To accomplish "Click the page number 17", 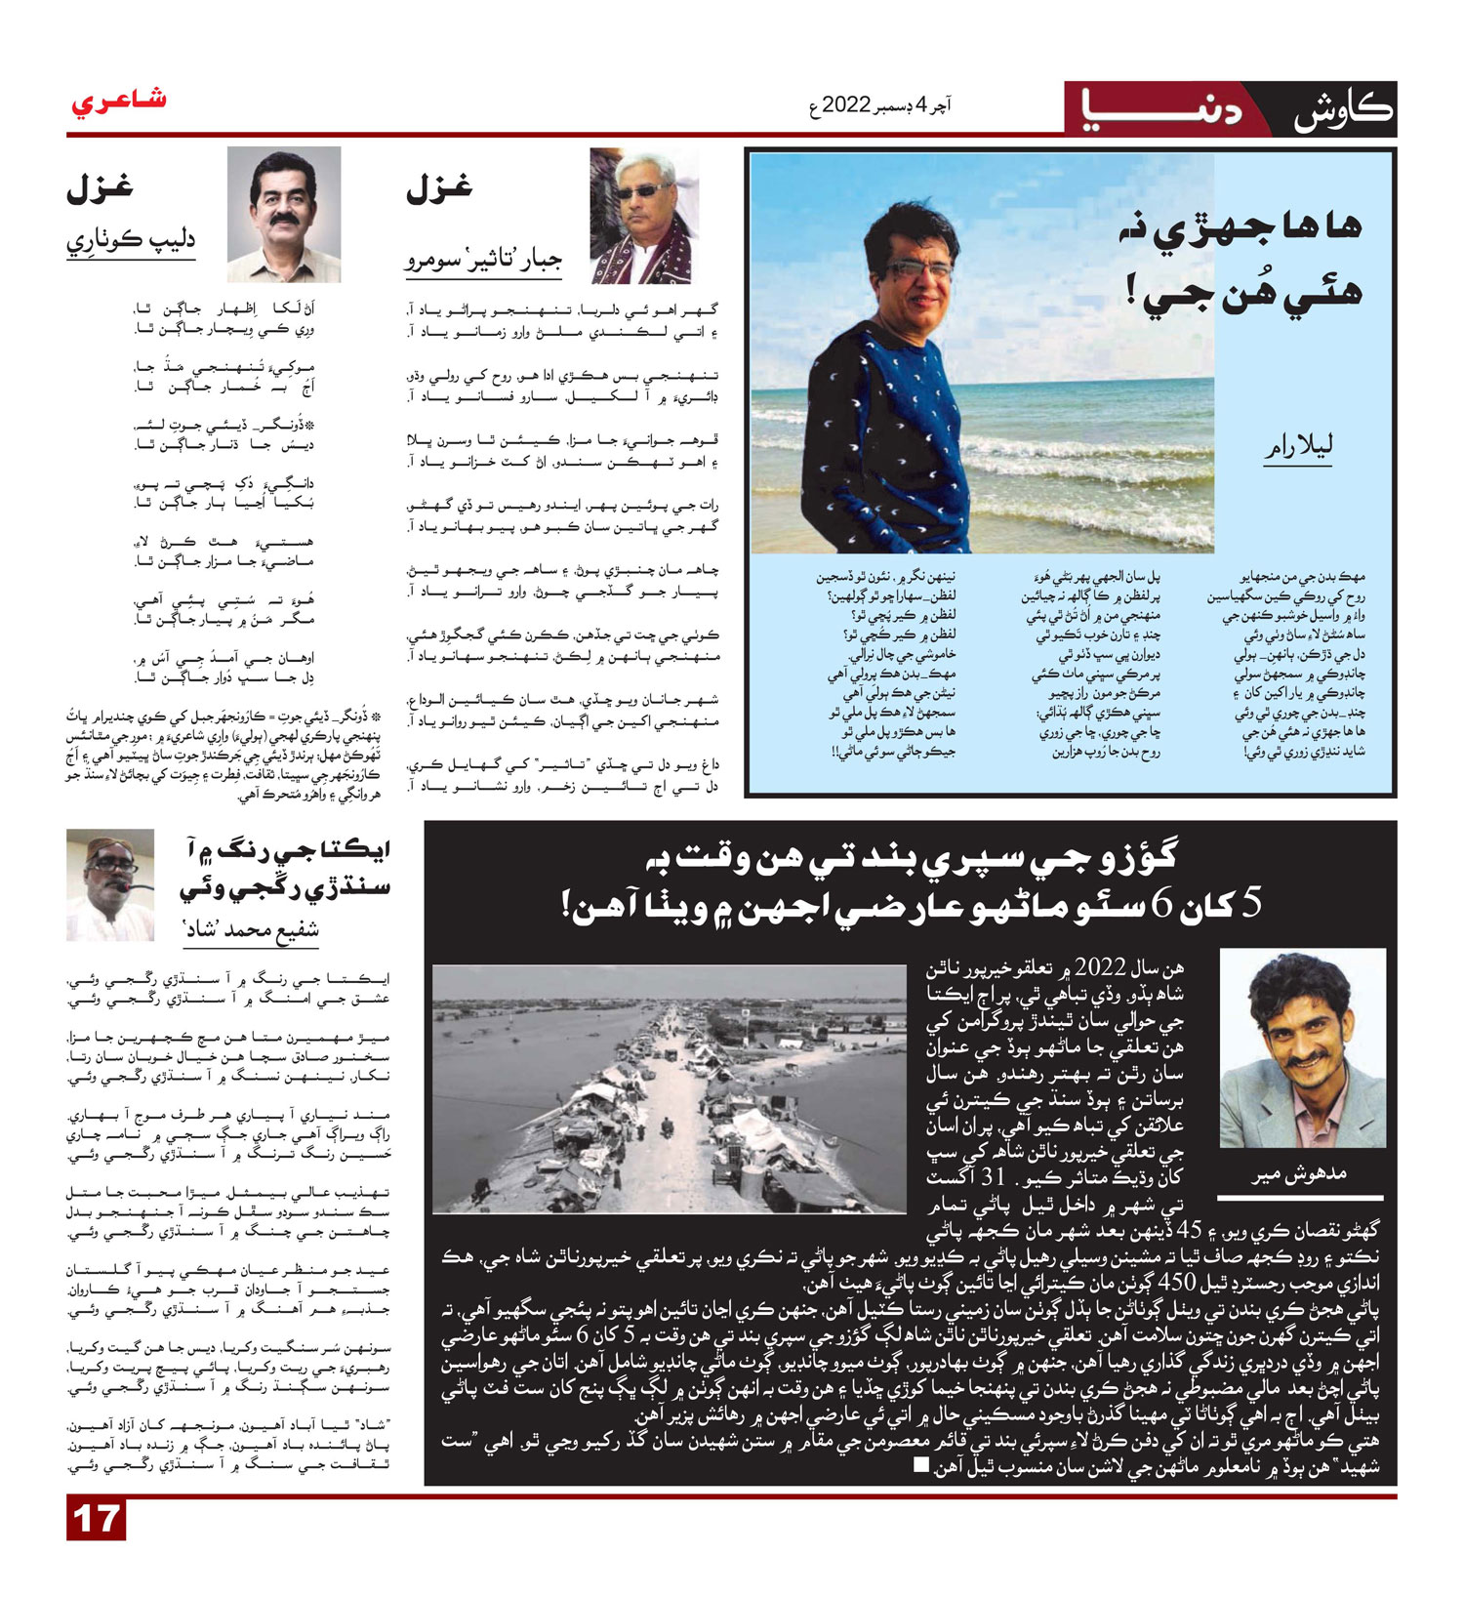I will click(x=96, y=1519).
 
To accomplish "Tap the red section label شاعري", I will click(x=118, y=101).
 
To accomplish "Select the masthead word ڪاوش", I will click(x=1342, y=110).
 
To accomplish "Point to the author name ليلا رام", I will click(x=1297, y=447).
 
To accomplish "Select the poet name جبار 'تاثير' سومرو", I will click(x=483, y=261).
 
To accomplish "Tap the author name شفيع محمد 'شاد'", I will click(x=252, y=929).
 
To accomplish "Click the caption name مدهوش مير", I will click(x=1299, y=1173).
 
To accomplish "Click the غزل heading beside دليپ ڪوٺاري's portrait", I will click(x=100, y=187).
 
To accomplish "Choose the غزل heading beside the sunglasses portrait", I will click(x=438, y=187).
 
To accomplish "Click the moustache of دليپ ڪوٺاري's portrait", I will click(x=284, y=222).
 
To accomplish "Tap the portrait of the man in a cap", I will click(x=110, y=883).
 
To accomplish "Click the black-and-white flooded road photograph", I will click(x=669, y=1088).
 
